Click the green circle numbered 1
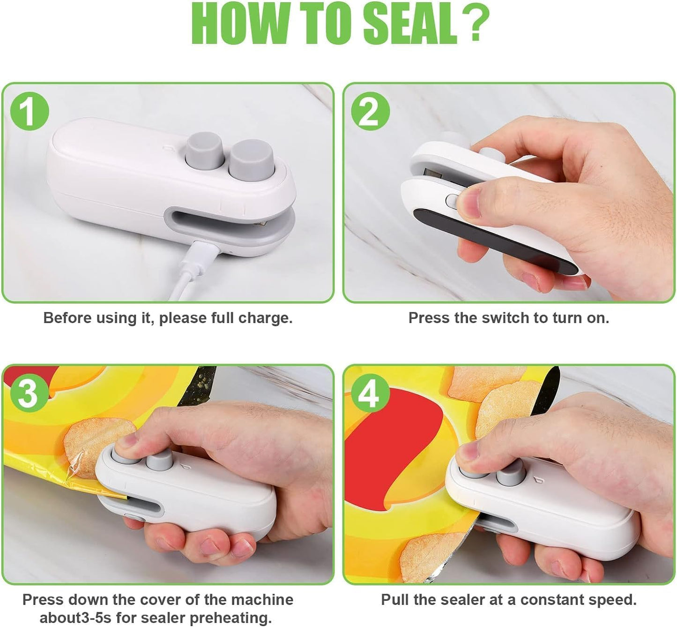30,112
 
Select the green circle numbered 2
370,111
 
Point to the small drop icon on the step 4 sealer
537,481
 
